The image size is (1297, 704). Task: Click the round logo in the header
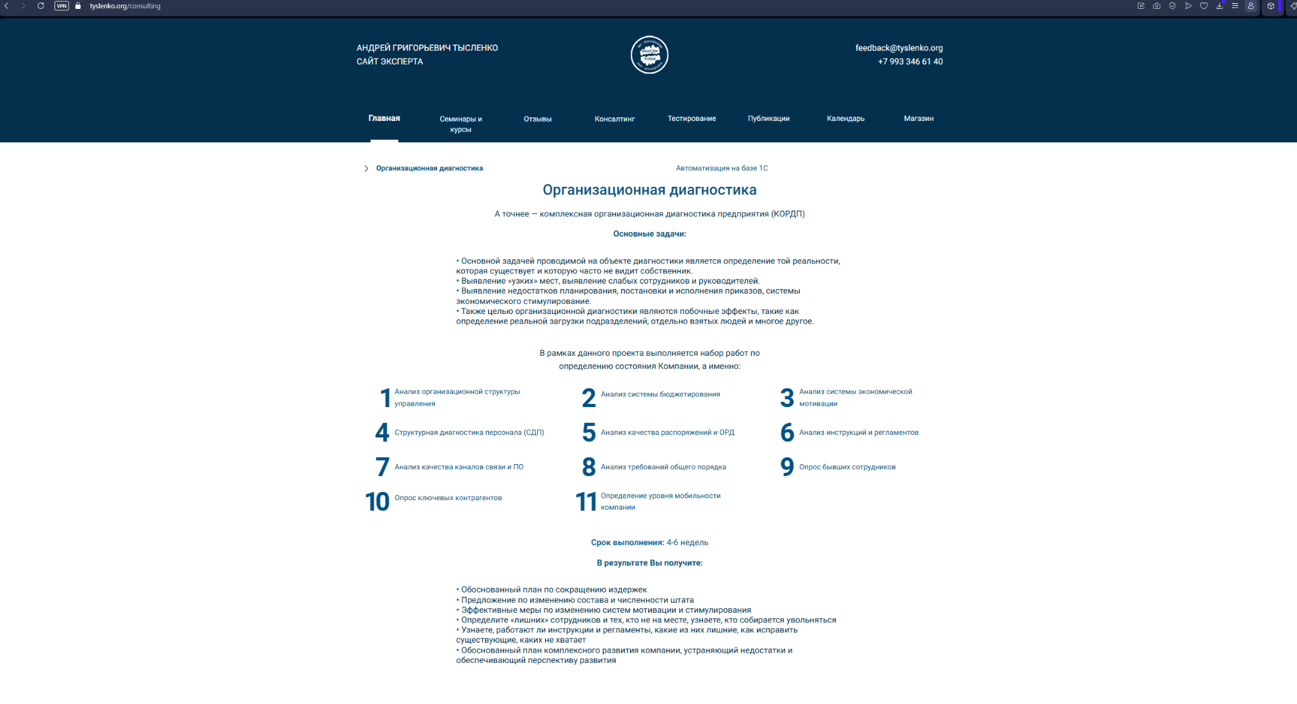click(649, 55)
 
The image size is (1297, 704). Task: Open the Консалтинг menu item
click(614, 119)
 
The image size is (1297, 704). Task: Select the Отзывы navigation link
click(538, 119)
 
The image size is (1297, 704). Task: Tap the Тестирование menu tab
click(692, 118)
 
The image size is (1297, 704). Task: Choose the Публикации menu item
click(768, 118)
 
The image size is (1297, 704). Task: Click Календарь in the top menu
click(845, 118)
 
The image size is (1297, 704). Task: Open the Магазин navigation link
click(918, 118)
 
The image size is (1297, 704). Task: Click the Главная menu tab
click(384, 118)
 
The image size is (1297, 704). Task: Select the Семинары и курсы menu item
click(460, 123)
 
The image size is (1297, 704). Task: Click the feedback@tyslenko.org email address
click(899, 48)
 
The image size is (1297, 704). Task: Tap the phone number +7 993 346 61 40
click(910, 61)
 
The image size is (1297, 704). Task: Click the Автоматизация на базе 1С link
click(721, 168)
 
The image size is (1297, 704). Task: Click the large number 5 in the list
click(589, 433)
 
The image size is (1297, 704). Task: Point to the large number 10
click(377, 501)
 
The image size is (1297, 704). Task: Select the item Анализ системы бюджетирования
click(660, 394)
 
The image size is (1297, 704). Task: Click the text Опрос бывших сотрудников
click(847, 467)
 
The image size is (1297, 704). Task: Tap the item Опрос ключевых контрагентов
click(448, 498)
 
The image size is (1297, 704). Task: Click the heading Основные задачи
click(649, 234)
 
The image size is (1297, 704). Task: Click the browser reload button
click(41, 6)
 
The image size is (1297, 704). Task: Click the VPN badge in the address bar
click(61, 6)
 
